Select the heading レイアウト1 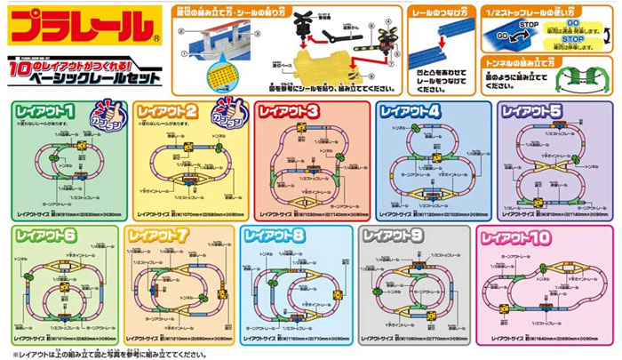pos(45,112)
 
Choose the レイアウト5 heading pos(531,112)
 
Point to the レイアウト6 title pos(45,236)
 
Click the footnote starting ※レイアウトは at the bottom pos(98,353)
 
